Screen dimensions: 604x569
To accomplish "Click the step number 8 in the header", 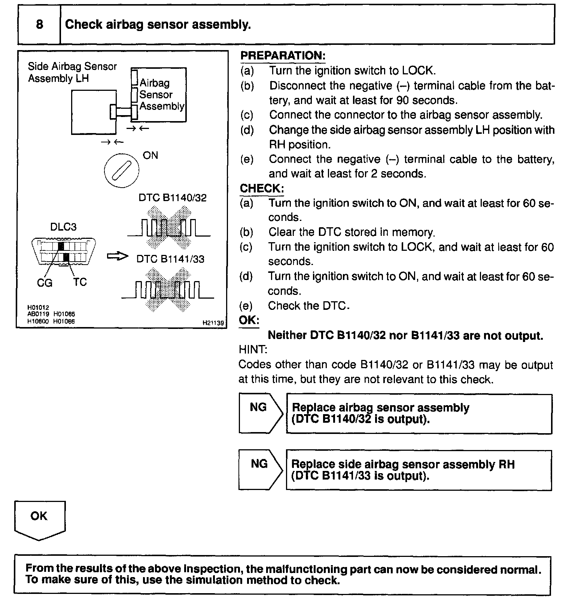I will click(x=39, y=25).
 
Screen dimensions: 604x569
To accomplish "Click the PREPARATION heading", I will click(x=283, y=56).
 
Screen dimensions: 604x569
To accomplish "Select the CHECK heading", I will click(x=262, y=188).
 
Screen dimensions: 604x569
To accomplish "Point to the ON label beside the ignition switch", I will click(x=150, y=155).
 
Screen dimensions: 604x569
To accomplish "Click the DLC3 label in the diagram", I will click(x=63, y=227).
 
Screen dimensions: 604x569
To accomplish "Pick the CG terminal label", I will click(x=45, y=283).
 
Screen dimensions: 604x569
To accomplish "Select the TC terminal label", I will click(x=80, y=282).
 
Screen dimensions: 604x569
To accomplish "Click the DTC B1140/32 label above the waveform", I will click(x=172, y=198).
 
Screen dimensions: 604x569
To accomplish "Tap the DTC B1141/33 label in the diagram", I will click(x=170, y=259).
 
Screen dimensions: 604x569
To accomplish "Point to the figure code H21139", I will click(x=213, y=323).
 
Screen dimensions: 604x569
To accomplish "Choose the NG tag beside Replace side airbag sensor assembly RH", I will click(x=259, y=464).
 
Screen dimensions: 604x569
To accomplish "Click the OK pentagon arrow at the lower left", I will click(x=39, y=520).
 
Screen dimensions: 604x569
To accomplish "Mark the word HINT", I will click(x=253, y=349).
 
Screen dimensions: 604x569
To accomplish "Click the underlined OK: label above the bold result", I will click(x=249, y=320).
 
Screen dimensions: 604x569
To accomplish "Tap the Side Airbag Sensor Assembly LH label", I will click(x=72, y=73).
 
